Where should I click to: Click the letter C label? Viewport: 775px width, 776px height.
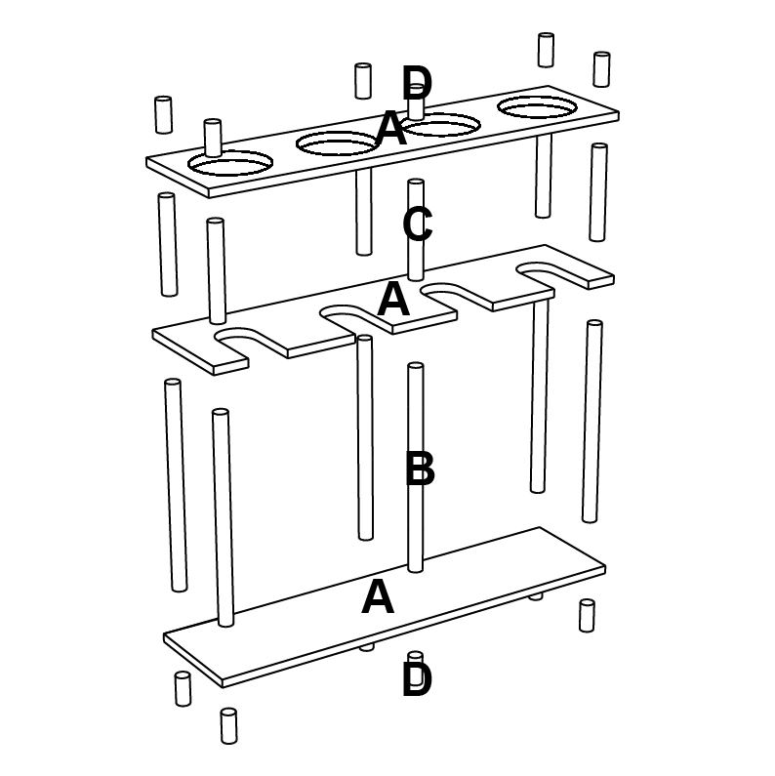click(418, 225)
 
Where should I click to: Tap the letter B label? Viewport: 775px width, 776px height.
click(420, 468)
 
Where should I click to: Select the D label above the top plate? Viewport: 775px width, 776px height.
click(417, 83)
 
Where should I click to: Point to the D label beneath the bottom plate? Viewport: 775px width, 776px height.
click(417, 679)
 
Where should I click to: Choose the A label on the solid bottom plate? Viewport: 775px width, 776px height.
click(378, 596)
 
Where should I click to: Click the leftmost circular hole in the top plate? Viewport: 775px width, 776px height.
click(230, 163)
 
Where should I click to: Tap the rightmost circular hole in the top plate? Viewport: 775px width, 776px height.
click(538, 107)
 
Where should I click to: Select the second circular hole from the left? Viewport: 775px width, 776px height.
click(338, 144)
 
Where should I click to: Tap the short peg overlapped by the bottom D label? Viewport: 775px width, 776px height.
click(416, 658)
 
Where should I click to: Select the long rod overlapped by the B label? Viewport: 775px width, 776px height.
click(416, 468)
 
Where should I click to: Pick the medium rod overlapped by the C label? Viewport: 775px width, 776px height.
click(416, 230)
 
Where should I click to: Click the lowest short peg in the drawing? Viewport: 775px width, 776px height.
click(228, 726)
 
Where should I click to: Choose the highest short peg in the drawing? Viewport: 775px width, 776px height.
click(546, 50)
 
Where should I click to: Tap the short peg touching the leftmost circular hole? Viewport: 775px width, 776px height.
click(213, 138)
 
